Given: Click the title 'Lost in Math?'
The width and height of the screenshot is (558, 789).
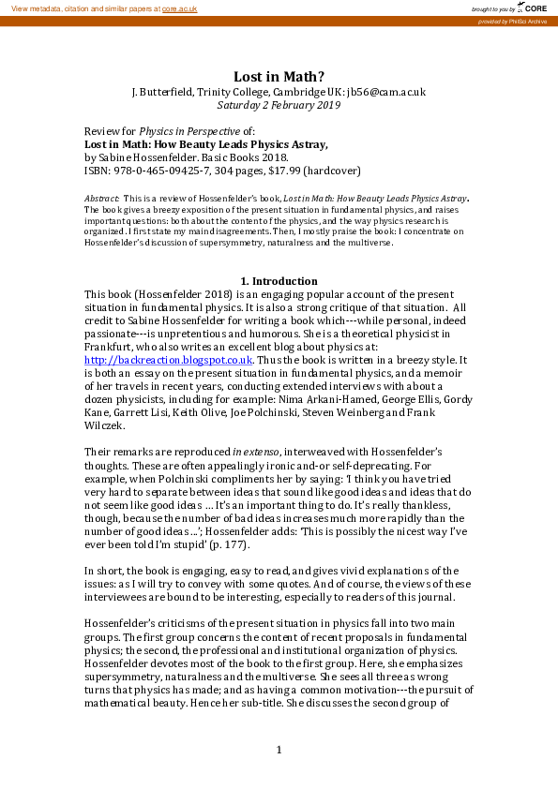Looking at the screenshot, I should click(279, 76).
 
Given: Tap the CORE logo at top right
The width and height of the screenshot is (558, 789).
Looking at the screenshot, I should click(532, 7).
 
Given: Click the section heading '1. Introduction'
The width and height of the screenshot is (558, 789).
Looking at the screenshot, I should click(279, 281).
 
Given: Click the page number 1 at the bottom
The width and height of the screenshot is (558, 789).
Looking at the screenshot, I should click(279, 750).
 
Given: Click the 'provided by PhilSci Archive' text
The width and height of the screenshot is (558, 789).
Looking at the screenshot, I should click(513, 21).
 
